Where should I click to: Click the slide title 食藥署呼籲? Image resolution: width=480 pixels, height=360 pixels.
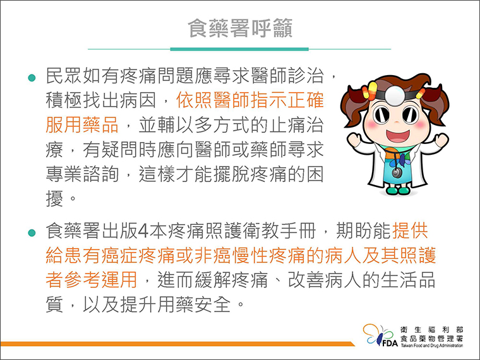point(240,28)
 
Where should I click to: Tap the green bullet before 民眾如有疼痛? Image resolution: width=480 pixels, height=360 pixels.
point(32,78)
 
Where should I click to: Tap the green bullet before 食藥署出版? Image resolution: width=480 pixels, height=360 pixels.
point(32,232)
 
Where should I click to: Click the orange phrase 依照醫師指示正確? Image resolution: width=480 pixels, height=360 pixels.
point(250,100)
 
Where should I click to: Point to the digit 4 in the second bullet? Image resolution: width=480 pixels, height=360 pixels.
point(143,231)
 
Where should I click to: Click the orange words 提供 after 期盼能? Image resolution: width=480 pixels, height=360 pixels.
point(410,231)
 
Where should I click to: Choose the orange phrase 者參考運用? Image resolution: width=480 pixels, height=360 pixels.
point(91,280)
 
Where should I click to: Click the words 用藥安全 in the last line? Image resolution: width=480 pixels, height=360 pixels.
point(194,304)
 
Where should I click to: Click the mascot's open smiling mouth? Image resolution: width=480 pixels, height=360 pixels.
point(397,136)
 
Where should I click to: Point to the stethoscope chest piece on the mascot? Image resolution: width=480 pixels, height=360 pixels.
point(397,173)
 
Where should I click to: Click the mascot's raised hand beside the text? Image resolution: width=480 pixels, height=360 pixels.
point(354,140)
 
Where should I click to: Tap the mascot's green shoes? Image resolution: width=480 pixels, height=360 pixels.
point(398,190)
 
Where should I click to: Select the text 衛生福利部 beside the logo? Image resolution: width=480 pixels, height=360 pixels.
point(431,330)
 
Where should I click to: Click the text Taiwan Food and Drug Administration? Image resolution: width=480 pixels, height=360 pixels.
point(431,345)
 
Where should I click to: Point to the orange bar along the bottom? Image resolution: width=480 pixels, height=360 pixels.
point(177,344)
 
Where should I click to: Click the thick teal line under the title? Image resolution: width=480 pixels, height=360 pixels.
point(239,49)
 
